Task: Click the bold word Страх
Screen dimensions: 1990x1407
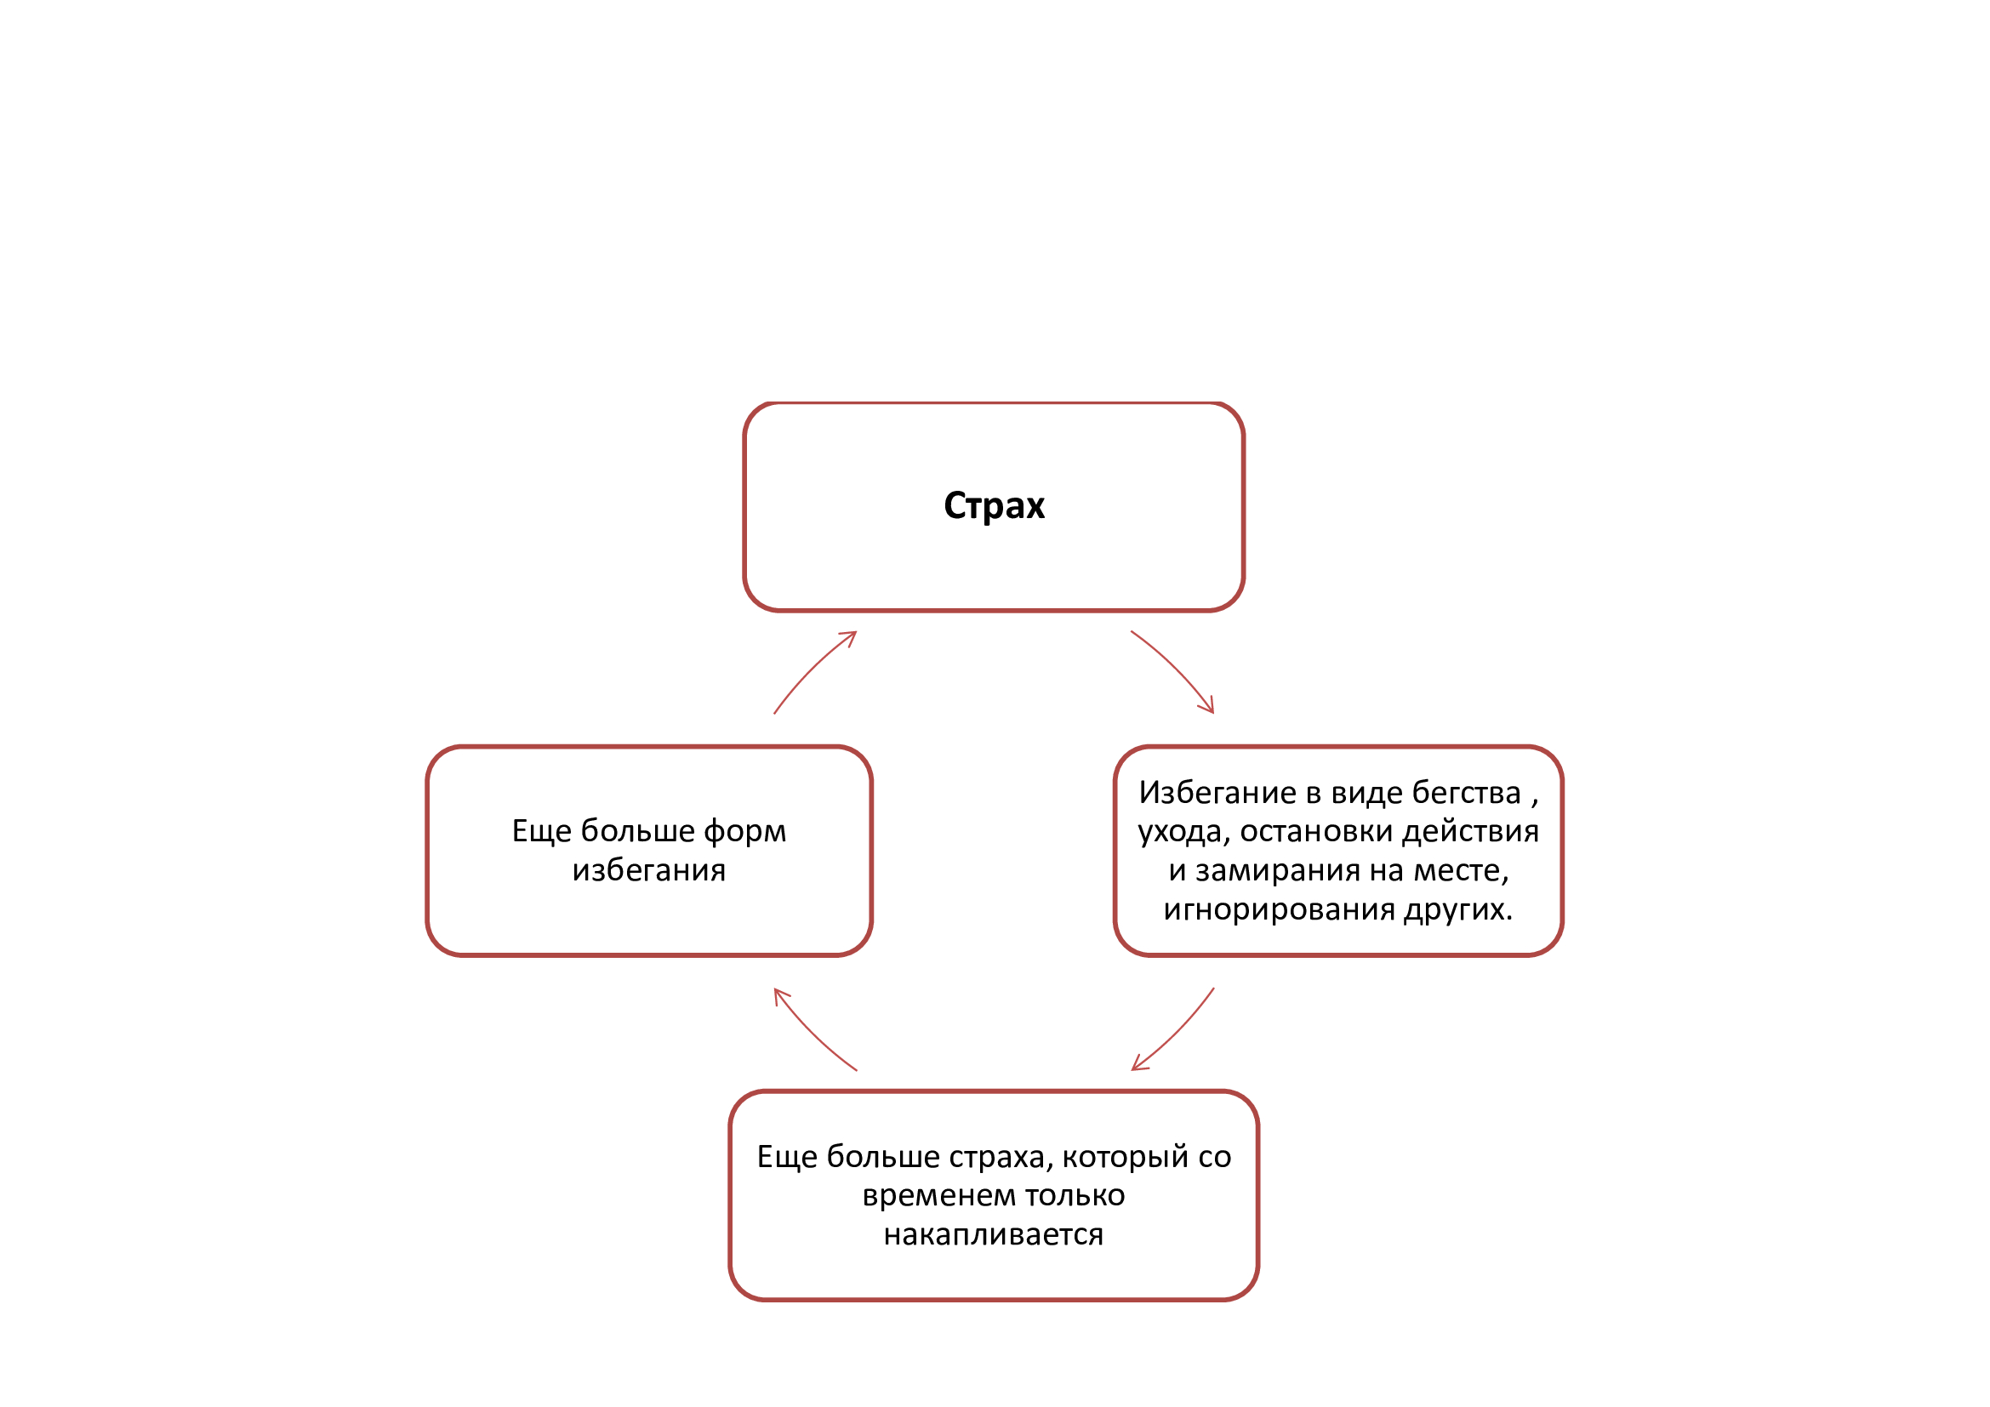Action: click(x=994, y=506)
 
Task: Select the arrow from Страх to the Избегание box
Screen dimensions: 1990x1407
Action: click(x=1176, y=668)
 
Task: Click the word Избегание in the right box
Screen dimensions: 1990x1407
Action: click(x=1217, y=793)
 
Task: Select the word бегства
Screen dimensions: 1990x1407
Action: click(x=1467, y=793)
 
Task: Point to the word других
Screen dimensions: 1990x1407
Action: click(x=1458, y=909)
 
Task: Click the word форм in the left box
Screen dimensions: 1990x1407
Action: click(x=744, y=832)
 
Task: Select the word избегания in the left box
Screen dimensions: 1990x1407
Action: click(x=649, y=871)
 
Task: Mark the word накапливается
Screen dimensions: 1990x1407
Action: click(x=994, y=1235)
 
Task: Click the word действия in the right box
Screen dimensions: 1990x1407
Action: click(x=1471, y=832)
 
